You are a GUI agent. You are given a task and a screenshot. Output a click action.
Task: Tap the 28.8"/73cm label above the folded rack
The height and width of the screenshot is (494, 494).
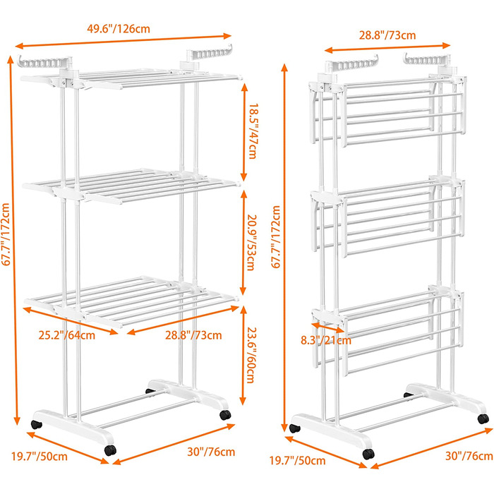pos(387,34)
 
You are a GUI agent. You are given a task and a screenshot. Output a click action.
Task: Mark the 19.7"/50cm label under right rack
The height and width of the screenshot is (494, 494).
pos(303,461)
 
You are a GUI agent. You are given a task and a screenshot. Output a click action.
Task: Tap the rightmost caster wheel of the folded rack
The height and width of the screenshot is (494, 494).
pos(483,418)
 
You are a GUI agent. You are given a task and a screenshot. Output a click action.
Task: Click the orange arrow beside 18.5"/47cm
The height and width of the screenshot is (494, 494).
pos(244,130)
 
